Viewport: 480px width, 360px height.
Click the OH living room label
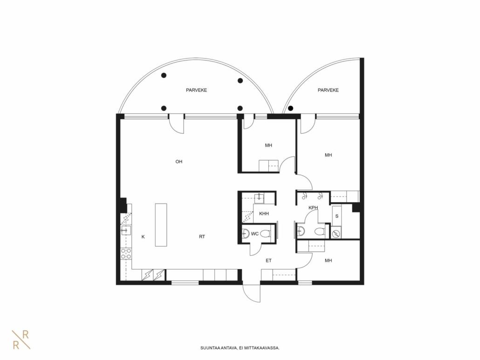(179, 162)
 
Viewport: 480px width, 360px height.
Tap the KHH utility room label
(264, 213)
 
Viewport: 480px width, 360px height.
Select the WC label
(255, 234)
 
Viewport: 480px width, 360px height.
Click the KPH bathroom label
(313, 208)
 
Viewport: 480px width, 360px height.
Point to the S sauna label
(337, 216)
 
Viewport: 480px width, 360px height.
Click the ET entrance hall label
(268, 261)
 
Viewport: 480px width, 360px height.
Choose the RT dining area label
(202, 237)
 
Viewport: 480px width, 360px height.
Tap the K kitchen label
(143, 237)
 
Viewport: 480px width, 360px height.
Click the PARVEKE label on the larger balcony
(197, 90)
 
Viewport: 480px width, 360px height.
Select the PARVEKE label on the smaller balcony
(328, 90)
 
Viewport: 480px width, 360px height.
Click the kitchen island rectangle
(161, 225)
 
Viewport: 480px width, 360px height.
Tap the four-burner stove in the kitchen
(126, 253)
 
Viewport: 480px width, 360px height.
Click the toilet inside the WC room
(266, 234)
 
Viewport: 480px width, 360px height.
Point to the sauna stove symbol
(336, 234)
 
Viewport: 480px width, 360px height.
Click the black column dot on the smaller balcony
(290, 108)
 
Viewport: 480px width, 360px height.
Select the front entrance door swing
(252, 293)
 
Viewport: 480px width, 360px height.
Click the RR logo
(21, 340)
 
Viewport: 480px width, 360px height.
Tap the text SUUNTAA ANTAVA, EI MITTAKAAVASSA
(240, 348)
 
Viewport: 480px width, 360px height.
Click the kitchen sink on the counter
(126, 230)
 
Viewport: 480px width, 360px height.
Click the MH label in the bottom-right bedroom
(328, 261)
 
